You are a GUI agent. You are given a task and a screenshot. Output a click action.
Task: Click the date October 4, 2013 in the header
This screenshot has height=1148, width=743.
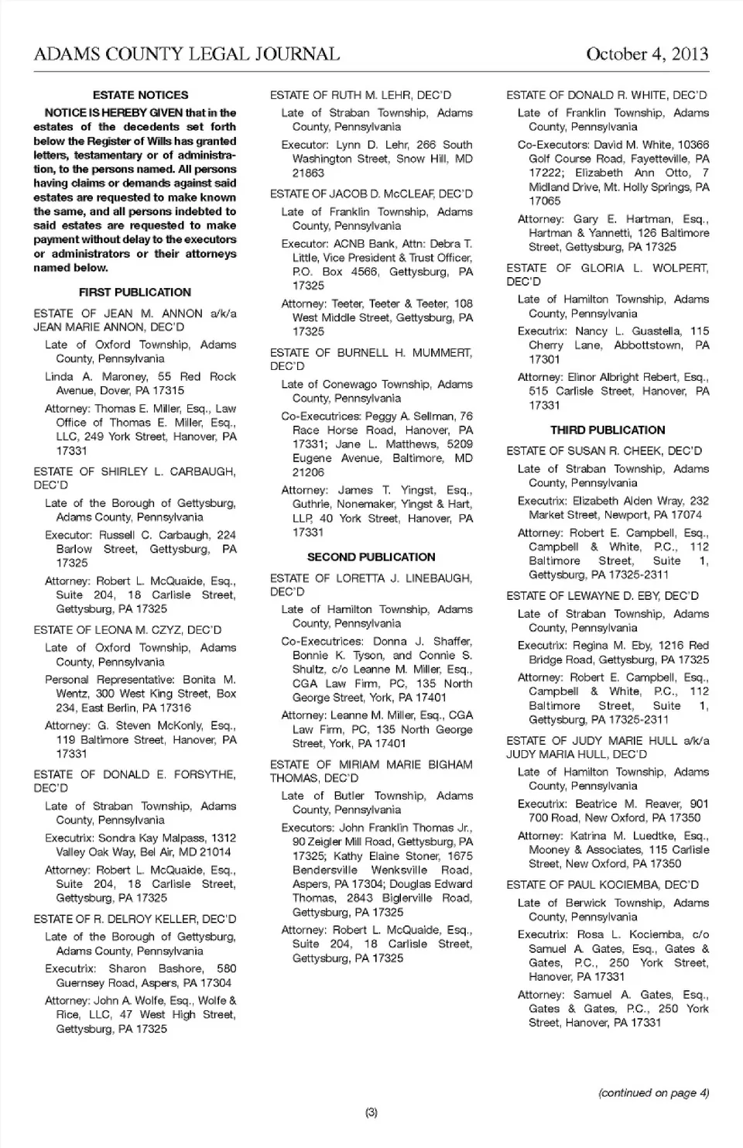pos(647,54)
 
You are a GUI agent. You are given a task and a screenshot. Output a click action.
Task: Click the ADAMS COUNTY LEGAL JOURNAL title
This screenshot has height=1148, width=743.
pos(187,54)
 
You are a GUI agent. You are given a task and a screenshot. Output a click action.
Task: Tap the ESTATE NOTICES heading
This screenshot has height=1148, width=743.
pos(140,95)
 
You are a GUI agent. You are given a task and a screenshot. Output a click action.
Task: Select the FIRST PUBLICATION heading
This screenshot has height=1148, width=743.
pos(135,293)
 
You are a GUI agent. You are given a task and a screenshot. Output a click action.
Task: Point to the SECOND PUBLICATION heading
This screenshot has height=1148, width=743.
pos(371,557)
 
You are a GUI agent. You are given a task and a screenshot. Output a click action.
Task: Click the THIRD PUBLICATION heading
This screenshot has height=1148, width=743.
pos(608,430)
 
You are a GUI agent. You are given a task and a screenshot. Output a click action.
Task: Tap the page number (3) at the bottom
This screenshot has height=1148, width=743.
pos(371,1112)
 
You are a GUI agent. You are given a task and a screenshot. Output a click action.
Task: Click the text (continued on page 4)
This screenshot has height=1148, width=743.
pos(653,1093)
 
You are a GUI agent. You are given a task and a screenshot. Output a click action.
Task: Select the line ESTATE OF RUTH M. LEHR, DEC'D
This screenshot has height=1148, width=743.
pos(360,95)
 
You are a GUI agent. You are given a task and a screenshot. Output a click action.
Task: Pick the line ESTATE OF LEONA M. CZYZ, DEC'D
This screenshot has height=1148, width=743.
pos(127,630)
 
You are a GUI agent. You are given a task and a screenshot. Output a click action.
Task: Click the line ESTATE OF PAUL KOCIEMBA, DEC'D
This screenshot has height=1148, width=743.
pos(602,885)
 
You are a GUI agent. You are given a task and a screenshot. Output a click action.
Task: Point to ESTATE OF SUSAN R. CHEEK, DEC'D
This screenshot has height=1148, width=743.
pos(604,451)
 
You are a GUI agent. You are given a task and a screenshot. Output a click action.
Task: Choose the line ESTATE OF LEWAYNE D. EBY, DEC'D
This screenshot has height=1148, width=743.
pos(602,596)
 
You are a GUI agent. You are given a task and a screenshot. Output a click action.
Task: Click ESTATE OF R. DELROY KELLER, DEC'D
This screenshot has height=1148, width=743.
pos(135,920)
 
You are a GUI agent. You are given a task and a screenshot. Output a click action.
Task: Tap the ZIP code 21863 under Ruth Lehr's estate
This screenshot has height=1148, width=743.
pos(308,173)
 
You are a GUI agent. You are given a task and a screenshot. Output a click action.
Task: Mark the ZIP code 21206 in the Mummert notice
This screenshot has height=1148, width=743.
pos(308,472)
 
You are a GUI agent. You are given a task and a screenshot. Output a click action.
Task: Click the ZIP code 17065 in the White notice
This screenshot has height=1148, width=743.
pos(545,201)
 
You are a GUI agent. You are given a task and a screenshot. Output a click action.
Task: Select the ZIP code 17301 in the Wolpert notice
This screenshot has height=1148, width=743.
pos(545,360)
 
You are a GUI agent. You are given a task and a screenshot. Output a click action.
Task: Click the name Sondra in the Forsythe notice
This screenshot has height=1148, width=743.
pos(117,838)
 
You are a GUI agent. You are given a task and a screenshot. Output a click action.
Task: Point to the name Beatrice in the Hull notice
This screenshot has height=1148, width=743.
pos(597,804)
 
